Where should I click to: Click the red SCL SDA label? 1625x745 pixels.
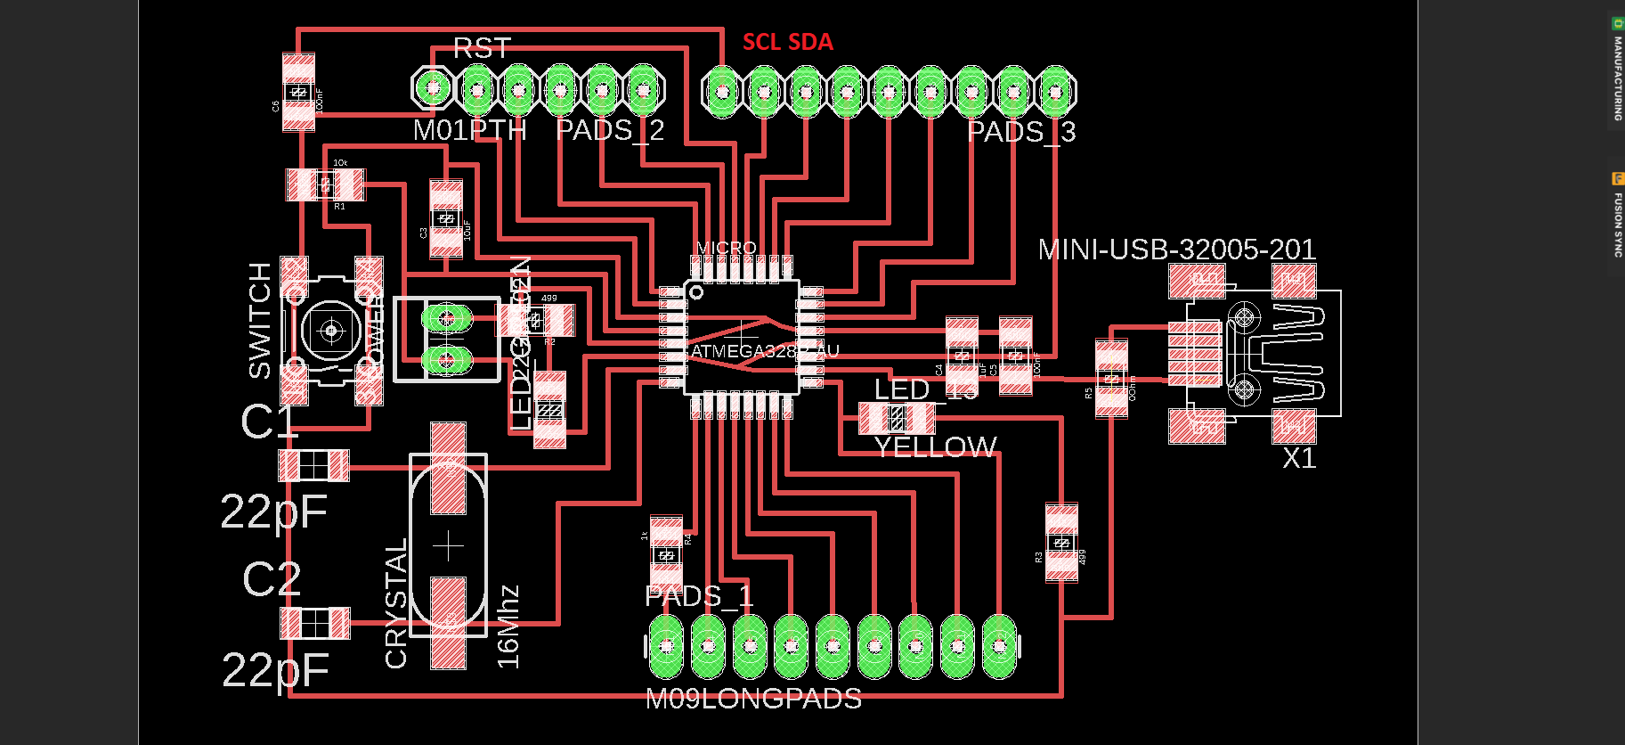click(787, 42)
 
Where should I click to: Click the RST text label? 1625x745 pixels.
click(482, 48)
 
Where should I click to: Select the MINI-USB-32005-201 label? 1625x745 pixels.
click(1176, 250)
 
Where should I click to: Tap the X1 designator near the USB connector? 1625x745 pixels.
click(1298, 458)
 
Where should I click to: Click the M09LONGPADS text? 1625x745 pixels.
click(753, 699)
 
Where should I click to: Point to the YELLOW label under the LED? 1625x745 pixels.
click(935, 446)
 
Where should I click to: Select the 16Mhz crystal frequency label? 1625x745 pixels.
click(508, 626)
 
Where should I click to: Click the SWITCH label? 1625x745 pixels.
click(259, 320)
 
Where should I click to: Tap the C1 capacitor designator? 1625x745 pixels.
click(268, 422)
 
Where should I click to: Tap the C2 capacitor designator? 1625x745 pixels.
click(272, 579)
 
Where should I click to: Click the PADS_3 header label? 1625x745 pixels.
click(1021, 132)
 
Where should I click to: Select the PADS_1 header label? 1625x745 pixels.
click(698, 596)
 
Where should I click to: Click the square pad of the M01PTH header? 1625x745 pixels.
click(434, 88)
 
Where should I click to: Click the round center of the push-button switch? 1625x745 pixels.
click(331, 332)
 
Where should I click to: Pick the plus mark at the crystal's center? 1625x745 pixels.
click(448, 545)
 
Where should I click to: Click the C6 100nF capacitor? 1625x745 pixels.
click(298, 92)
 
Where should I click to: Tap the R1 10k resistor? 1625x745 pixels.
click(325, 184)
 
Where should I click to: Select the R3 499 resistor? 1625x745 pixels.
click(1061, 543)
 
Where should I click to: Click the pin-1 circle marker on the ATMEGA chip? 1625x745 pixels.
click(696, 292)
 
